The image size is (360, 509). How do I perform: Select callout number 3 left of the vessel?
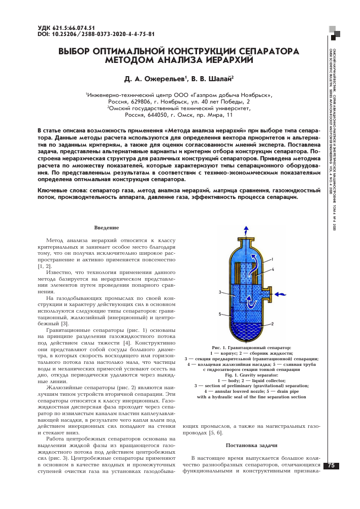[x=220, y=292]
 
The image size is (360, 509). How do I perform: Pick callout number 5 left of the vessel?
[x=220, y=315]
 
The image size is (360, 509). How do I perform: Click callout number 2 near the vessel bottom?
[x=273, y=323]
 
